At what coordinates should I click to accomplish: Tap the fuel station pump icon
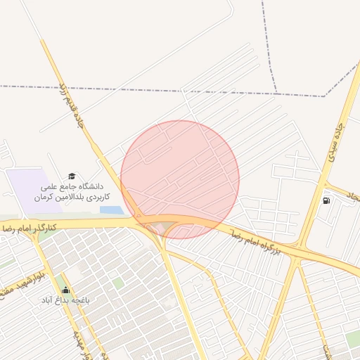(x=326, y=200)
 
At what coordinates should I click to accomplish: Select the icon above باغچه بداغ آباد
(x=66, y=290)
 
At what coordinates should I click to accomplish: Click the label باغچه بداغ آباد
(x=71, y=300)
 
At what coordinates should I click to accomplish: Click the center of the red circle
(x=180, y=179)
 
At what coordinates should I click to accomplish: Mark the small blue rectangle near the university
(x=110, y=210)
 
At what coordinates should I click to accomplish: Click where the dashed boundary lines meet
(x=276, y=91)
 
